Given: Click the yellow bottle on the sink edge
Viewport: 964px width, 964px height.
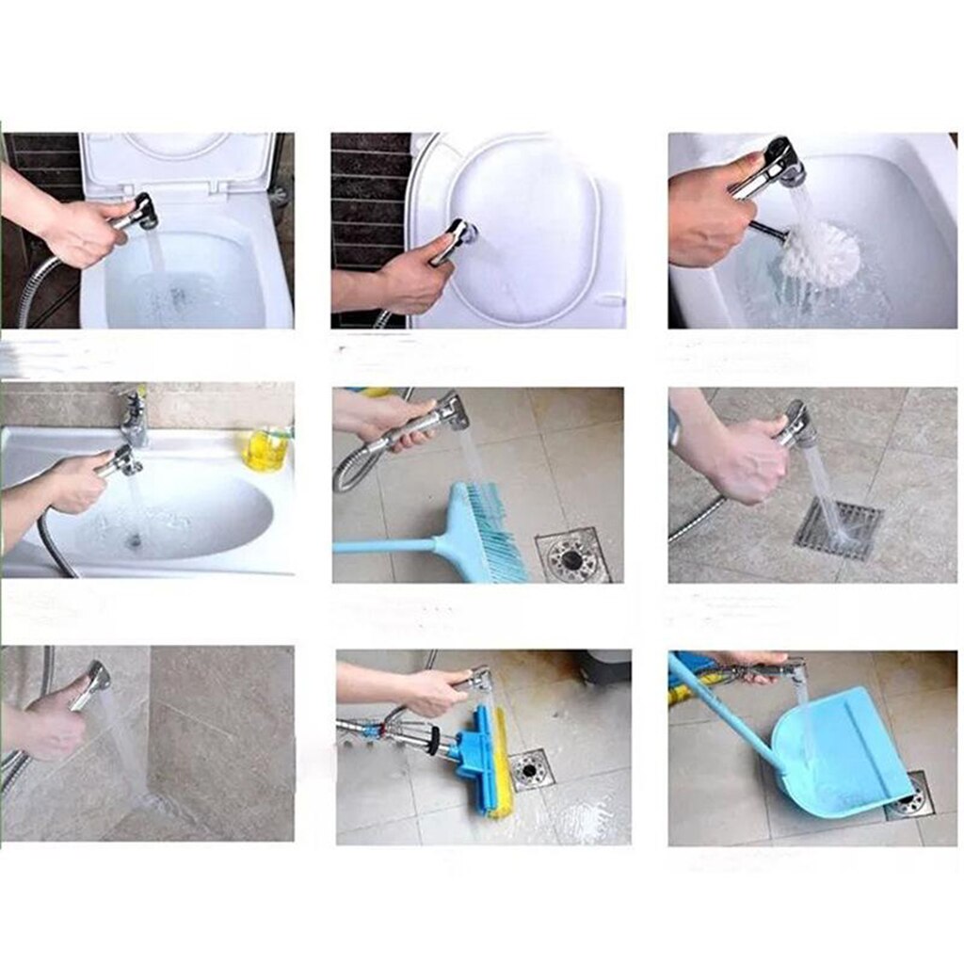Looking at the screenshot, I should coord(266,449).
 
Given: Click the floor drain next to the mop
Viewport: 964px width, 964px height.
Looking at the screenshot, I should coord(530,768).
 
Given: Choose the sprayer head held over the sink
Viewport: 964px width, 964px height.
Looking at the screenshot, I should coord(120,461).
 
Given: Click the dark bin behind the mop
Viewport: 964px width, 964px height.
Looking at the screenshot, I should coord(602,667).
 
